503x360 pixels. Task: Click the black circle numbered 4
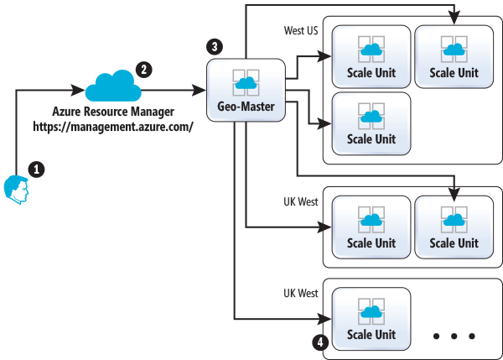[318, 342]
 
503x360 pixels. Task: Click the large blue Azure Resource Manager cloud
[111, 86]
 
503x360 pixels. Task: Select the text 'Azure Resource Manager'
[112, 112]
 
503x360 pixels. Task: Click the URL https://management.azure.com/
[112, 127]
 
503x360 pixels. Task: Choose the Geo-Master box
[246, 90]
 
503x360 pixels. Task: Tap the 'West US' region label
[302, 30]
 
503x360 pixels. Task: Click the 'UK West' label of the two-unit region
[301, 202]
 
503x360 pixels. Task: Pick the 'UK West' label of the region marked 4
[301, 294]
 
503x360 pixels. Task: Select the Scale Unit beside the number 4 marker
[371, 318]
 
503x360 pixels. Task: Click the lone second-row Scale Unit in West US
[371, 123]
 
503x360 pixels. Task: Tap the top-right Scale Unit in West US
[454, 56]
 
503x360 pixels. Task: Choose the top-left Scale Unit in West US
[371, 56]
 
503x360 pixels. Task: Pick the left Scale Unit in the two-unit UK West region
[371, 227]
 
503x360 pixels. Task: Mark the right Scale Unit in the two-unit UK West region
[454, 227]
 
